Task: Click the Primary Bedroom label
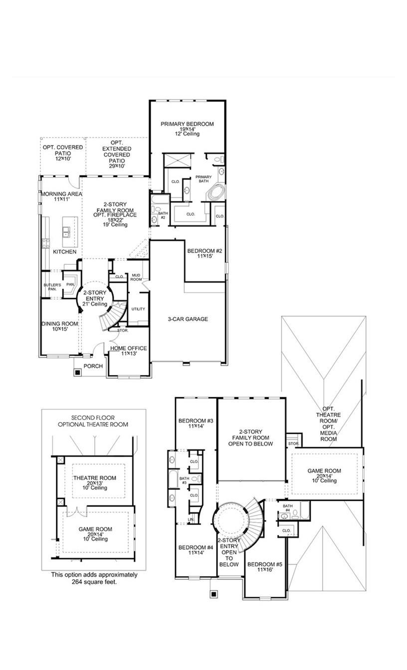tap(187, 124)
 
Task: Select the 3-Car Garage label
tap(188, 319)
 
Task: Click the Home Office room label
tap(129, 348)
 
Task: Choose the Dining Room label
tap(59, 324)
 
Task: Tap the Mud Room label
tap(136, 278)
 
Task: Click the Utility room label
tap(138, 309)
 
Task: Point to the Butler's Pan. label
tap(51, 286)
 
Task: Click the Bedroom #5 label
tap(265, 565)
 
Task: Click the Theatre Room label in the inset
tap(95, 478)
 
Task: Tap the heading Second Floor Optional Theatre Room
tap(93, 421)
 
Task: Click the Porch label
tap(93, 366)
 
